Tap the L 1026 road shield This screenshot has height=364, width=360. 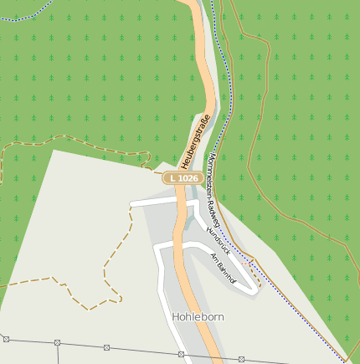(x=183, y=178)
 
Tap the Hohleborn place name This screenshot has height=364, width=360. (x=198, y=318)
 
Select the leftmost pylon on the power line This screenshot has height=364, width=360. (x=6, y=339)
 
